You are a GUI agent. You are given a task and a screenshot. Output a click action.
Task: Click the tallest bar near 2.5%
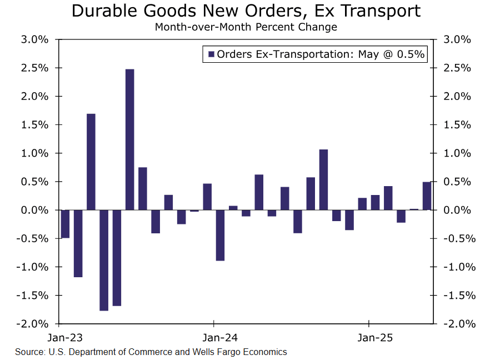point(129,139)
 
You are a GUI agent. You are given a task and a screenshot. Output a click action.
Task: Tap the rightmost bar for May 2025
point(427,196)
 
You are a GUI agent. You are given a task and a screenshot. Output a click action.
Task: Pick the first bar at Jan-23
point(65,224)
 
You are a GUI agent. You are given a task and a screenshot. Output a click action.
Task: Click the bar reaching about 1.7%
point(91,162)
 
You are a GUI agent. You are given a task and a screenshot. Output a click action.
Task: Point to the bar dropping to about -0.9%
point(220,235)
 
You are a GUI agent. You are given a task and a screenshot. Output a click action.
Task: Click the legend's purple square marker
point(211,54)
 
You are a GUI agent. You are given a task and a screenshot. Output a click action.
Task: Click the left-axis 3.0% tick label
point(35,40)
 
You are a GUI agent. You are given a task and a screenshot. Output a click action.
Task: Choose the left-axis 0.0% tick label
point(35,210)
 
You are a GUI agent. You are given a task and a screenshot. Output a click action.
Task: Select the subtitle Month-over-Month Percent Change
point(246,27)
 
